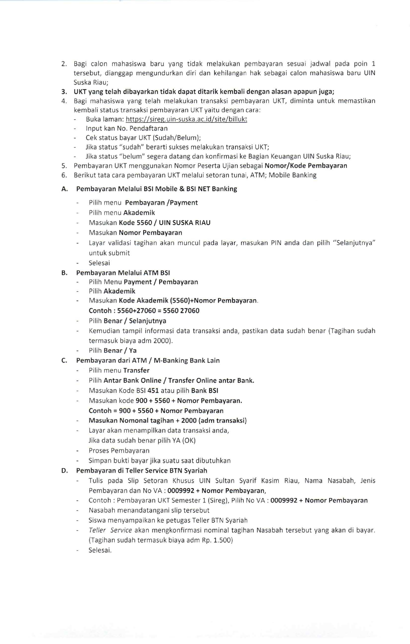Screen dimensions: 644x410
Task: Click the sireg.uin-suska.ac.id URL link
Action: [186, 119]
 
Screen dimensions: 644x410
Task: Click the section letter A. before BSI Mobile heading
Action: [64, 189]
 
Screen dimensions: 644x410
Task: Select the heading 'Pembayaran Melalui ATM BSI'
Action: [123, 273]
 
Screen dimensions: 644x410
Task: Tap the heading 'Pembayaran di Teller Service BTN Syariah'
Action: [142, 470]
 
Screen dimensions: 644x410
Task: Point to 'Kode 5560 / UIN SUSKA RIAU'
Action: [164, 222]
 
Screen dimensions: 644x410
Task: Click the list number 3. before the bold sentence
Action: [64, 92]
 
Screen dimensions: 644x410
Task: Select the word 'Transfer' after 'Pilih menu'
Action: [136, 370]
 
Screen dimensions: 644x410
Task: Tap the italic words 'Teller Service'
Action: [110, 530]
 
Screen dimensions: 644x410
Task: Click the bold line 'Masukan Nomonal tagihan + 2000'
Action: [167, 421]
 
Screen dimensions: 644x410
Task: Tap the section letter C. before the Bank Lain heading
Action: [64, 360]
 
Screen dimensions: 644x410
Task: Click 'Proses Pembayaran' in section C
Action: [119, 451]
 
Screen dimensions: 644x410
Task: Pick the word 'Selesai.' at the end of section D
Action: [100, 550]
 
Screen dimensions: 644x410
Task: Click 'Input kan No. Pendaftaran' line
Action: [127, 128]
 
